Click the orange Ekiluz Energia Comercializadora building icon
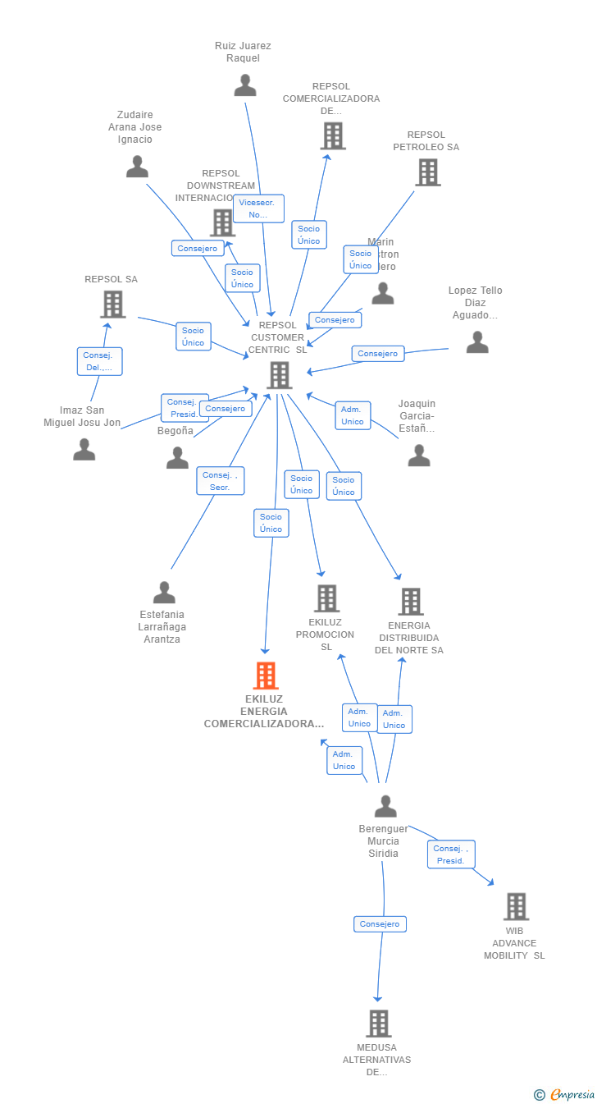tap(265, 676)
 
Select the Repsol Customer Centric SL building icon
tap(279, 375)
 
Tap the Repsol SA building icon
tap(112, 304)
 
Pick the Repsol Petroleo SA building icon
tap(427, 172)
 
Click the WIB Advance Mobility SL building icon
tap(515, 906)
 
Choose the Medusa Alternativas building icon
tap(378, 1024)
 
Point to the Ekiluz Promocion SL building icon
tap(326, 598)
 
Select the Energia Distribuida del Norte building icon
tap(410, 602)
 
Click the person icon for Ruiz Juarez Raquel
tap(244, 85)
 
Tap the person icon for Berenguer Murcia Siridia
tap(385, 807)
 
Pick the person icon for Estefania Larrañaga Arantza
tap(164, 593)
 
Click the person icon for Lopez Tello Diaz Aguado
tap(476, 342)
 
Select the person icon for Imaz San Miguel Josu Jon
tap(84, 450)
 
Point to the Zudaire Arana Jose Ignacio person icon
tap(137, 167)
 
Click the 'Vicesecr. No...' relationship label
tap(258, 208)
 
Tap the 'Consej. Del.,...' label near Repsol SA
tap(100, 361)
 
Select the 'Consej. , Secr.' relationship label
tap(220, 481)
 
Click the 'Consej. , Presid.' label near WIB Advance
tap(451, 854)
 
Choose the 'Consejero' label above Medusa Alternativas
tap(380, 924)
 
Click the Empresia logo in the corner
tap(566, 1094)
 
